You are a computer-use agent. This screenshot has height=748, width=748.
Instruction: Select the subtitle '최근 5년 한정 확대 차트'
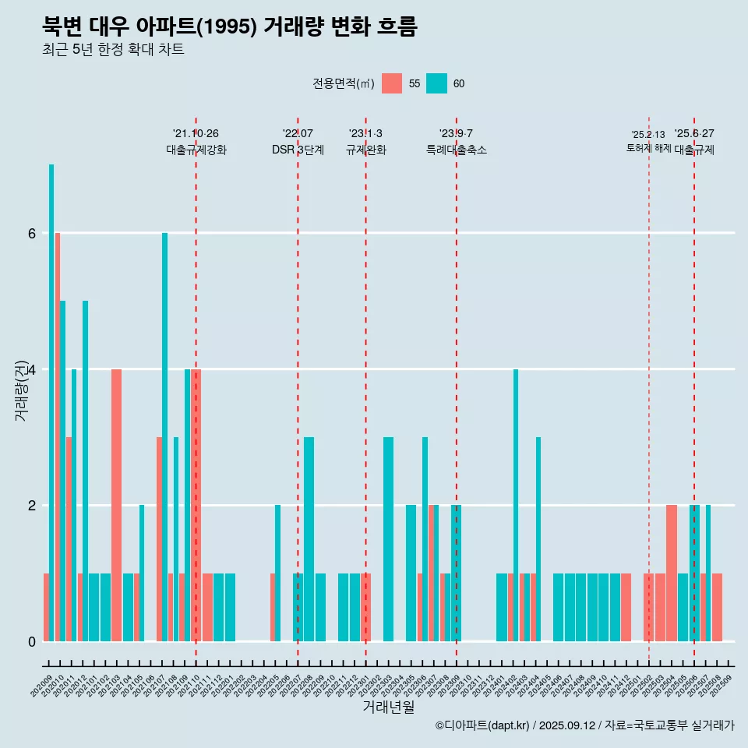point(113,51)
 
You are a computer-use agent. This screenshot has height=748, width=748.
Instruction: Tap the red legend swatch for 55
point(392,83)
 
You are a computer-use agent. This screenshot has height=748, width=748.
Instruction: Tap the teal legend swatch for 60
point(437,83)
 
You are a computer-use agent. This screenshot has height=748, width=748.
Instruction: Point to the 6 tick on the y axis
point(31,233)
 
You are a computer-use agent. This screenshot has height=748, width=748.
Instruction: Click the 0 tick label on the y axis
point(31,641)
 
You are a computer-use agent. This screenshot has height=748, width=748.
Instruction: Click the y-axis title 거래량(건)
point(22,390)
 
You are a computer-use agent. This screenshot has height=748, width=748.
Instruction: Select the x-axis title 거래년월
point(388,707)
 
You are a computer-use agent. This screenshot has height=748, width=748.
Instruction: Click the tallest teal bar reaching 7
point(51,402)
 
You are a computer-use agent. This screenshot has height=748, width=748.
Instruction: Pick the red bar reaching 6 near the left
point(58,436)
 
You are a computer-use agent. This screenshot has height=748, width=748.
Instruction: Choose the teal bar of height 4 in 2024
point(516,505)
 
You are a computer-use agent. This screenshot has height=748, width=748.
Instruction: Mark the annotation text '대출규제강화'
point(196,150)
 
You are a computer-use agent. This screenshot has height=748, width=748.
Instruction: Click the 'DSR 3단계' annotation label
point(298,150)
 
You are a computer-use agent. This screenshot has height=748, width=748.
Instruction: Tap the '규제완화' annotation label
point(365,150)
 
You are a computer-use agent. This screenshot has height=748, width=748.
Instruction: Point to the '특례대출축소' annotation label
point(457,150)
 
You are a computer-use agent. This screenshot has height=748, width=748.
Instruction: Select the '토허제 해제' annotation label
point(648,148)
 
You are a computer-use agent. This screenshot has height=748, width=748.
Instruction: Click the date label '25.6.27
point(694,134)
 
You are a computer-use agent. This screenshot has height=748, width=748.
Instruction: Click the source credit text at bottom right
point(584,725)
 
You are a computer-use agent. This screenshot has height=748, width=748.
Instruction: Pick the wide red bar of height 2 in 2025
point(672,573)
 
